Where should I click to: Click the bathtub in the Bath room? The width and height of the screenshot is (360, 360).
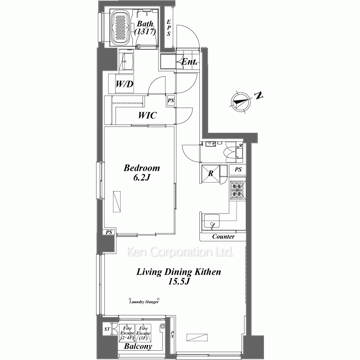pyautogui.click(x=121, y=28)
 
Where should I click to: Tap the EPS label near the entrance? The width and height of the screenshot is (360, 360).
pyautogui.click(x=169, y=28)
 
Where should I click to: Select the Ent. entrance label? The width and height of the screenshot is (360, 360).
pyautogui.click(x=189, y=62)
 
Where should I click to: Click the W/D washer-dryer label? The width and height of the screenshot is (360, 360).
pyautogui.click(x=124, y=84)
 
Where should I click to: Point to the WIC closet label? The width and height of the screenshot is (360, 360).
pyautogui.click(x=147, y=115)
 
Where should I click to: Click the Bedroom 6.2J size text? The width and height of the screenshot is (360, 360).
pyautogui.click(x=141, y=177)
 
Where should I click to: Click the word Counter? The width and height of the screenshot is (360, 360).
pyautogui.click(x=223, y=237)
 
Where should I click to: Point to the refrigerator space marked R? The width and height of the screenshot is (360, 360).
pyautogui.click(x=211, y=174)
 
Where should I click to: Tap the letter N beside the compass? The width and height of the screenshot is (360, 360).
pyautogui.click(x=259, y=95)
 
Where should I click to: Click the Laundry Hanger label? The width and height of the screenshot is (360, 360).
pyautogui.click(x=144, y=302)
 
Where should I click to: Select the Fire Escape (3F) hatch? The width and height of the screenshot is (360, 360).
pyautogui.click(x=143, y=333)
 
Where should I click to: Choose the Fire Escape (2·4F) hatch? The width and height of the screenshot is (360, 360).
pyautogui.click(x=127, y=333)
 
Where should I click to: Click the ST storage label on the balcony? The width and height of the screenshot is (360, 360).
pyautogui.click(x=107, y=329)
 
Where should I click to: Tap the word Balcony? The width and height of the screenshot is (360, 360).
pyautogui.click(x=138, y=346)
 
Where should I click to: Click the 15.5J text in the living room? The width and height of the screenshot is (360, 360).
pyautogui.click(x=179, y=281)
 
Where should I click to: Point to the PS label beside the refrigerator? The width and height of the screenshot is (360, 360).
pyautogui.click(x=238, y=170)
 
